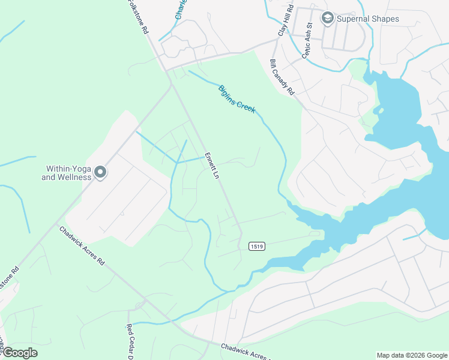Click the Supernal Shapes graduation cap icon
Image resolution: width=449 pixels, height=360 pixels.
[327, 19]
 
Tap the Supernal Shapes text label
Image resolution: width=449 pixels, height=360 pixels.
[367, 19]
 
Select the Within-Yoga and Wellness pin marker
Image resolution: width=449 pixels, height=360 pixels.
[100, 173]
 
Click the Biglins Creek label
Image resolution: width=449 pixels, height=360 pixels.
[237, 98]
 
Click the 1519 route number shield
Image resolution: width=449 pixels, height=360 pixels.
[256, 246]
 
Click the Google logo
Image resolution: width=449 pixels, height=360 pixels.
[19, 353]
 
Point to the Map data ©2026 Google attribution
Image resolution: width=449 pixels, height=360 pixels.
[411, 355]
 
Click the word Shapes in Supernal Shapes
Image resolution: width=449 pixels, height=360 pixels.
[384, 19]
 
